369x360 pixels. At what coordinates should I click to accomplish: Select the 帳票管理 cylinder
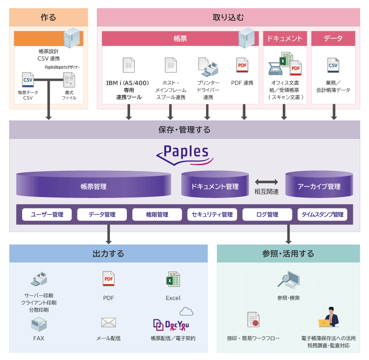point(94,184)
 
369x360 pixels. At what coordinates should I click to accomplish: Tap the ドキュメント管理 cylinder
point(215,184)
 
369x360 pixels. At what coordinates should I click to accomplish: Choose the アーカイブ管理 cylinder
point(319,184)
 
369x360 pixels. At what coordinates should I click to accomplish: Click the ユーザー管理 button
point(47,215)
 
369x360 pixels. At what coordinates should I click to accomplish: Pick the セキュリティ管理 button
point(212,215)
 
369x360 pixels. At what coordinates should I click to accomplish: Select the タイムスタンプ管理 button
point(322,215)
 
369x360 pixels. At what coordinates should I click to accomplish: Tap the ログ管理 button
point(267,215)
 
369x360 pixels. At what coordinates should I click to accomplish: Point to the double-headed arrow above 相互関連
point(267,182)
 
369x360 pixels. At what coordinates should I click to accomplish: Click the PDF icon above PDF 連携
point(242,65)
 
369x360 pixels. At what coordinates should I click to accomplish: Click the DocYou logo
point(171,325)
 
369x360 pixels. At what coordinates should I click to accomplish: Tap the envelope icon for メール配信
point(108,323)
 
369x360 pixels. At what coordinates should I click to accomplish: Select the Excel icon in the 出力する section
point(173,279)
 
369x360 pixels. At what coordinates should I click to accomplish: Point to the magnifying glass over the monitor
point(284,280)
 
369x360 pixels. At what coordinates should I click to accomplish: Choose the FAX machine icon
point(39,324)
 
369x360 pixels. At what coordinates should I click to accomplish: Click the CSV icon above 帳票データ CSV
point(28,80)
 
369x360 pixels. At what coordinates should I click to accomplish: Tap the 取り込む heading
point(228,18)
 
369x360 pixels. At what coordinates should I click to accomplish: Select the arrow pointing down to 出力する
point(108,234)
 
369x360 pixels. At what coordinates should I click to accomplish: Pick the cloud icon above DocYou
point(186,312)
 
